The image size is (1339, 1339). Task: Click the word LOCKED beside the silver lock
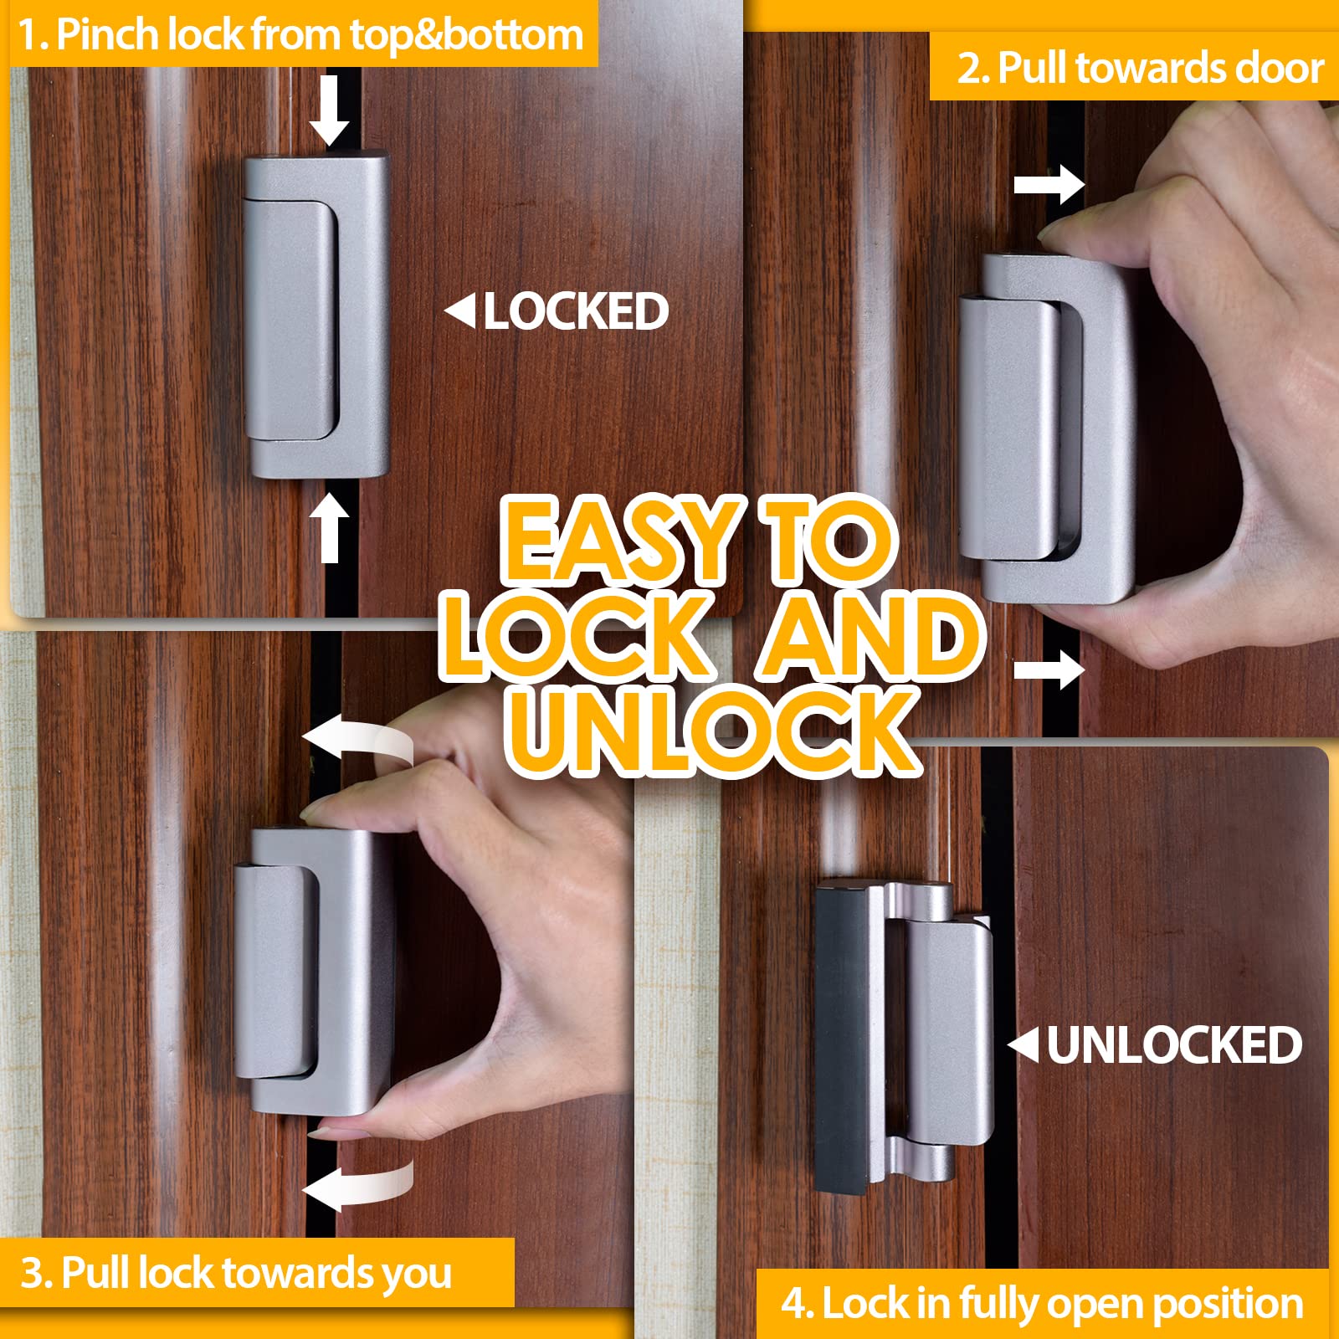click(576, 311)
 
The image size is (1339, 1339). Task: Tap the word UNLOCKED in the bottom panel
click(1174, 1045)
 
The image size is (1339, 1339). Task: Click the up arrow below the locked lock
click(330, 526)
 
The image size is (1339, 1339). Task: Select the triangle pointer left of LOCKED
click(460, 311)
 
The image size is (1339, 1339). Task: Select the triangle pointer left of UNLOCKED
click(1023, 1045)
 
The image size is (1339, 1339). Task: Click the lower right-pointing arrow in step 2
click(1049, 669)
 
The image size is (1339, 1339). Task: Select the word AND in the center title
click(870, 636)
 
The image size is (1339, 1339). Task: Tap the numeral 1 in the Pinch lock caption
click(28, 35)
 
